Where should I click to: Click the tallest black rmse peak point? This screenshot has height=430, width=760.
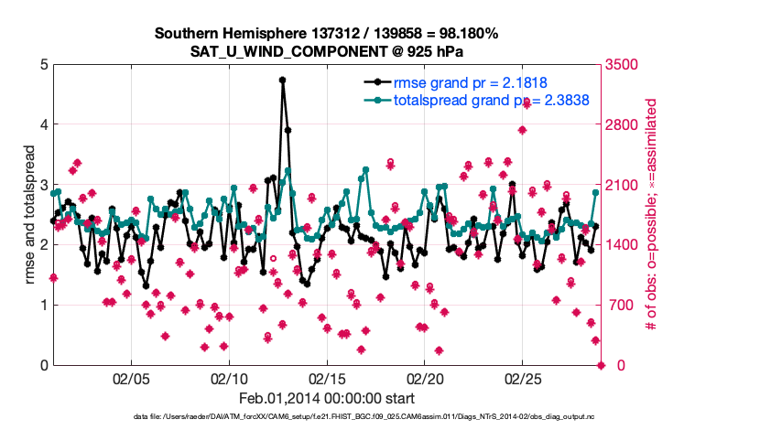coord(283,80)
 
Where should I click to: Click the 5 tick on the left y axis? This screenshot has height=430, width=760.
coord(42,64)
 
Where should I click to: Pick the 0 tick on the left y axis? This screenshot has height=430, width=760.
coord(42,365)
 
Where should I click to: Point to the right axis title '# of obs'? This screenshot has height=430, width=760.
coord(652,214)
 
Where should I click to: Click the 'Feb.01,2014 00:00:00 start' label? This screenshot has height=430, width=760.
coord(326,398)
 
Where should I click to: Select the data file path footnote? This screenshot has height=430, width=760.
coord(378,417)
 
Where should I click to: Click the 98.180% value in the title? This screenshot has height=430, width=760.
coord(463,34)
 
